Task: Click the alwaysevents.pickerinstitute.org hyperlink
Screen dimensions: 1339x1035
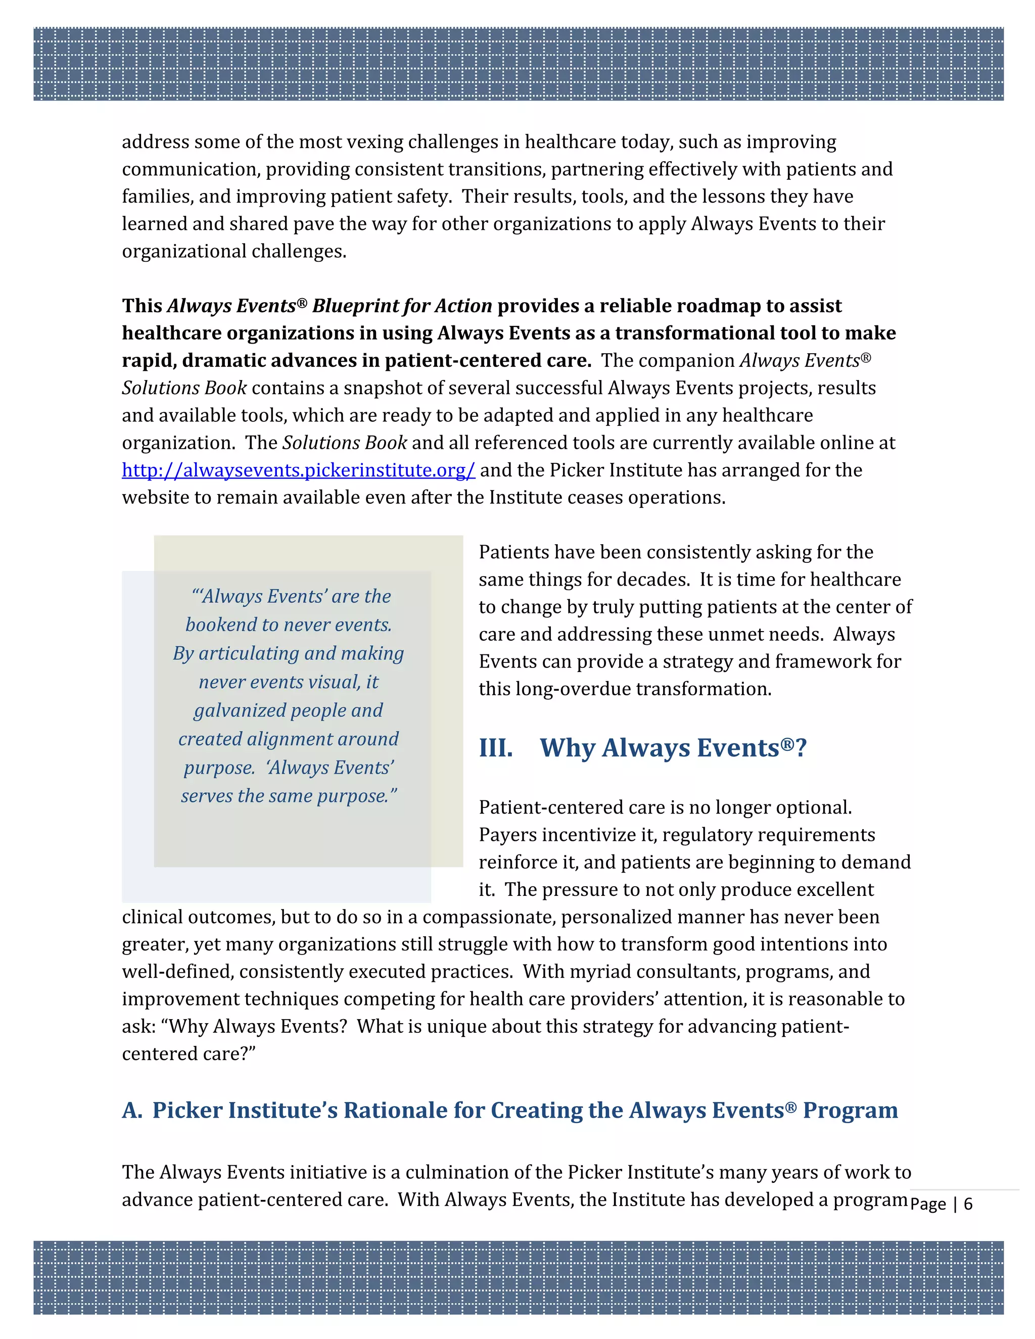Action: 298,470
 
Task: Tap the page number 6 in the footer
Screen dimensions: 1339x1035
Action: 968,1204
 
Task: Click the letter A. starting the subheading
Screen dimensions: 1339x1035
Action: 132,1110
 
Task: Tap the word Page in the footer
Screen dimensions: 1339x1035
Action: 928,1204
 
